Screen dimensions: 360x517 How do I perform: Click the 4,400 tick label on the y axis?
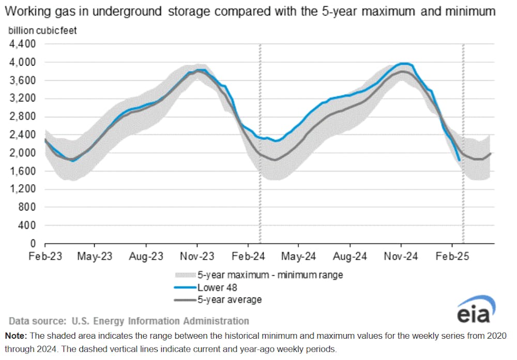(x=22, y=44)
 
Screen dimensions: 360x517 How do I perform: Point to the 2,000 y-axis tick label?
(x=22, y=153)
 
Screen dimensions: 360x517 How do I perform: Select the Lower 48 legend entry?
(x=214, y=287)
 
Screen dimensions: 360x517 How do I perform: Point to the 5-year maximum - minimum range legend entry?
(x=269, y=275)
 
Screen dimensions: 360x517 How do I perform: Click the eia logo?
(x=475, y=310)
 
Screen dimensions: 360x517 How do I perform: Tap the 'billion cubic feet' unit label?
(x=42, y=31)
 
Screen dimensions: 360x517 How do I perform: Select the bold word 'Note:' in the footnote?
(x=18, y=336)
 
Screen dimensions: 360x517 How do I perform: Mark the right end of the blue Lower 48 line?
(x=459, y=160)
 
